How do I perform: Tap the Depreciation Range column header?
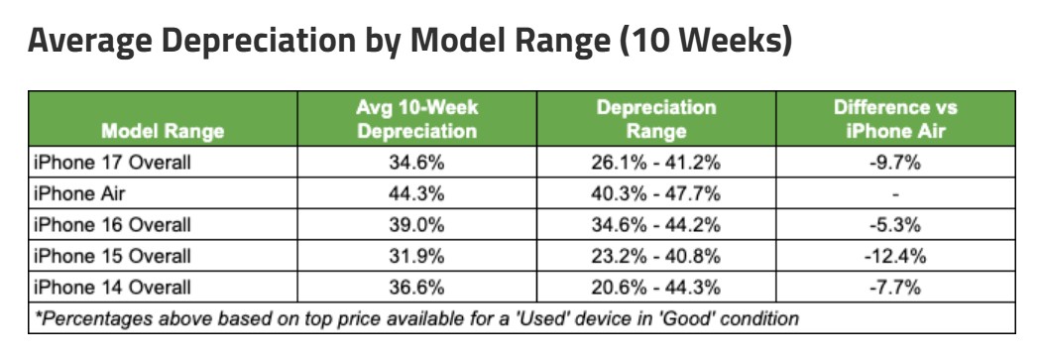pos(656,119)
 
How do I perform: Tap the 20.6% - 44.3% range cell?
pos(656,288)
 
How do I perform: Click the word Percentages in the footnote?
pos(85,319)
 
